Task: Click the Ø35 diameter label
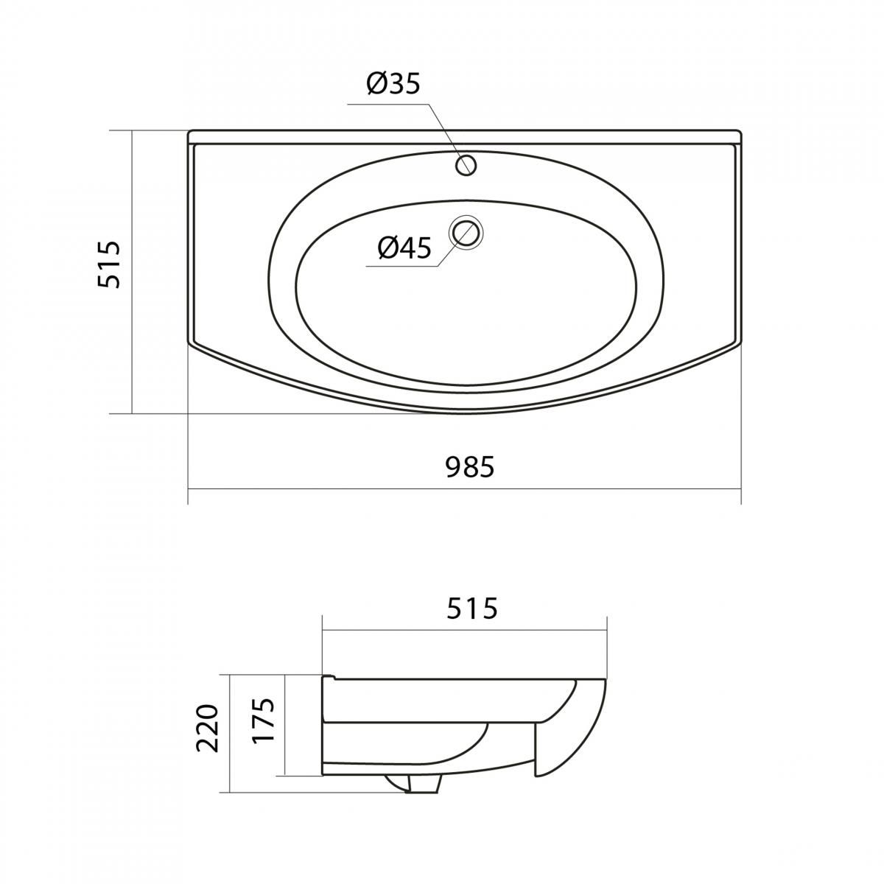click(393, 85)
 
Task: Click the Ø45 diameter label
click(404, 248)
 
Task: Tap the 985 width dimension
click(470, 467)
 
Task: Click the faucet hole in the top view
click(466, 164)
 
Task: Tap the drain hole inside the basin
click(468, 232)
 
